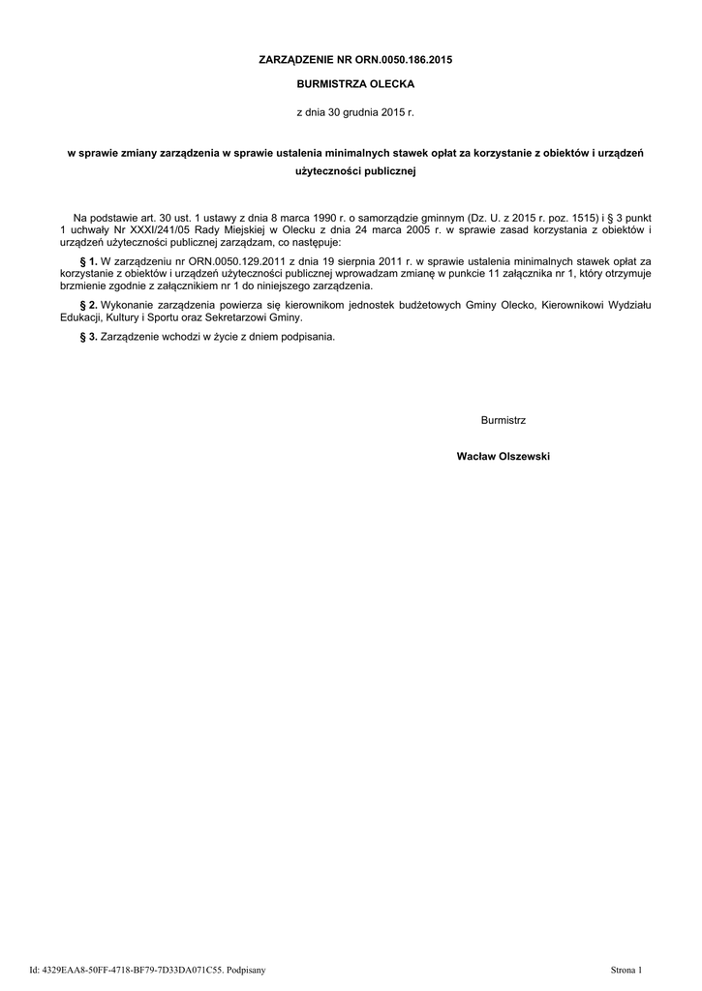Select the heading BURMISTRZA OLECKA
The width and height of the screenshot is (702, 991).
coord(354,85)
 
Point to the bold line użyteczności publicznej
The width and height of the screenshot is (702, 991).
coord(354,171)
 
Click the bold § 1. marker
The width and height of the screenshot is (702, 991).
coord(88,262)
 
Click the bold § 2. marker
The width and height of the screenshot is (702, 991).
coord(88,306)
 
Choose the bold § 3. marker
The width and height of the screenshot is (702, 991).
coord(88,337)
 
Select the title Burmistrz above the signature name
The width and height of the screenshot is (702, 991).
coord(503,419)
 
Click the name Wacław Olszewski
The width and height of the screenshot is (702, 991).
coord(503,456)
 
